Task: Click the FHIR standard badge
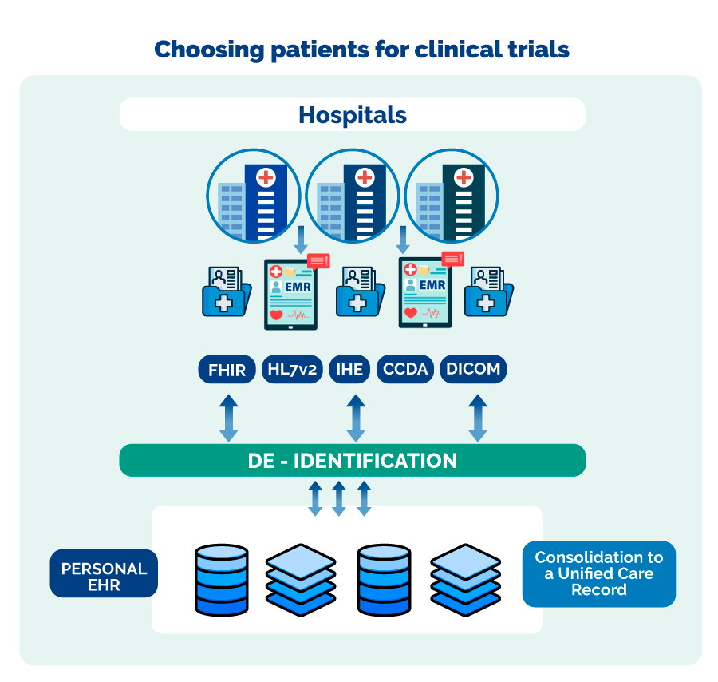(227, 370)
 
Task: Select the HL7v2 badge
(292, 370)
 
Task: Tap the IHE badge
(349, 370)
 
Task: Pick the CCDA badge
(405, 370)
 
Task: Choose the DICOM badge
(473, 370)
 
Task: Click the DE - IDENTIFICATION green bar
(352, 461)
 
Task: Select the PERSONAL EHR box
(104, 573)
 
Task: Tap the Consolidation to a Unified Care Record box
(598, 574)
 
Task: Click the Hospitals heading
(352, 115)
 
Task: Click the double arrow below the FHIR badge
(228, 418)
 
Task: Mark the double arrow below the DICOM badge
(477, 418)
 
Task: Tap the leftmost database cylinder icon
(222, 579)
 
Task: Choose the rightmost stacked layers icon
(465, 579)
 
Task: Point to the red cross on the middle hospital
(365, 177)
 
